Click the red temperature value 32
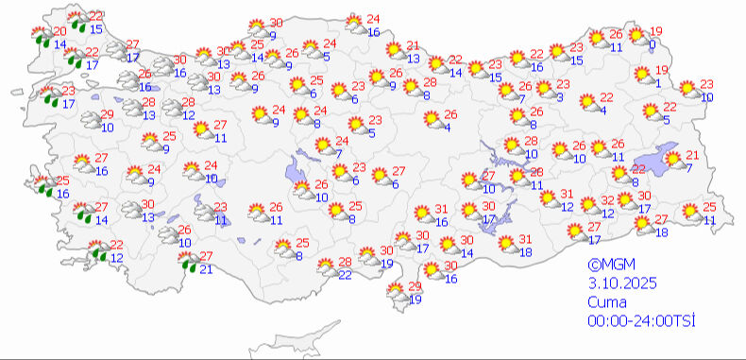click(x=609, y=200)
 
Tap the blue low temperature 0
click(x=653, y=43)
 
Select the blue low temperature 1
click(x=657, y=82)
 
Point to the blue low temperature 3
click(x=560, y=96)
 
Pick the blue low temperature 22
click(x=346, y=274)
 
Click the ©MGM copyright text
click(x=606, y=266)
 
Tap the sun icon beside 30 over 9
click(x=255, y=28)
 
